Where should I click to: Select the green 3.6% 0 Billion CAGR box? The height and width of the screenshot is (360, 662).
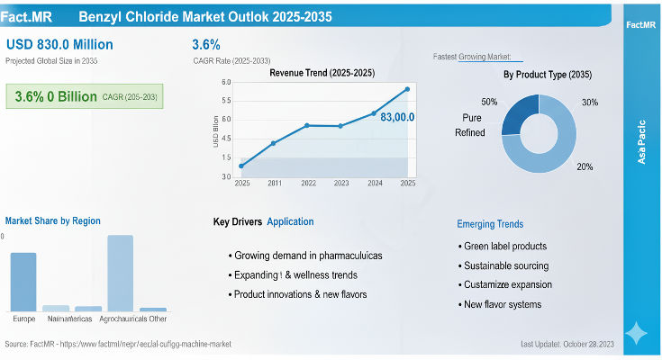(86, 96)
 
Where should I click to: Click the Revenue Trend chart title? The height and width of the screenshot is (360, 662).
(322, 72)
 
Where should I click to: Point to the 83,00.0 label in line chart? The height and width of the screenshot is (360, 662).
(397, 117)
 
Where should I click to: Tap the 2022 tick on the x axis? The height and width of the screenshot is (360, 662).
(308, 183)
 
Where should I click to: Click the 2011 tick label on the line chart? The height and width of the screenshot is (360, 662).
(274, 183)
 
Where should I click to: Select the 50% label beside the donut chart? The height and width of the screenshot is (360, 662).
(489, 102)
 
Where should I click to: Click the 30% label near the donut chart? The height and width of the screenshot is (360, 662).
(590, 102)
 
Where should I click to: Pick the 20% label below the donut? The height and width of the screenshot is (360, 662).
(585, 167)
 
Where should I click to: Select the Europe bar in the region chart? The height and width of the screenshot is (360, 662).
(23, 282)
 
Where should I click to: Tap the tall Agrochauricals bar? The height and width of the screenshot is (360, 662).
(120, 273)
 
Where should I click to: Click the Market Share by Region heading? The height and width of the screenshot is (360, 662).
(52, 220)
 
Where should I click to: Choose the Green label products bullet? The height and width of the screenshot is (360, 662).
(504, 246)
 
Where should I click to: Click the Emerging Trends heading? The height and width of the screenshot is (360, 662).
(490, 224)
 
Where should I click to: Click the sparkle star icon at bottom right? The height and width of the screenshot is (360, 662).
(636, 333)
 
